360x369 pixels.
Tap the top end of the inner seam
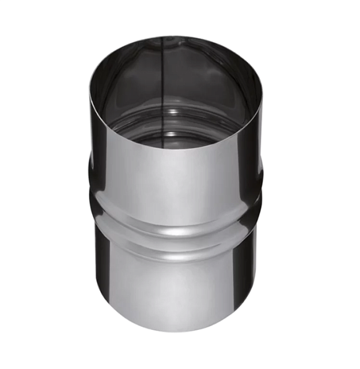tap(163, 39)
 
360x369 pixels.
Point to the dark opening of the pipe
tap(174, 93)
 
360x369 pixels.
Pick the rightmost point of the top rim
tap(262, 93)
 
